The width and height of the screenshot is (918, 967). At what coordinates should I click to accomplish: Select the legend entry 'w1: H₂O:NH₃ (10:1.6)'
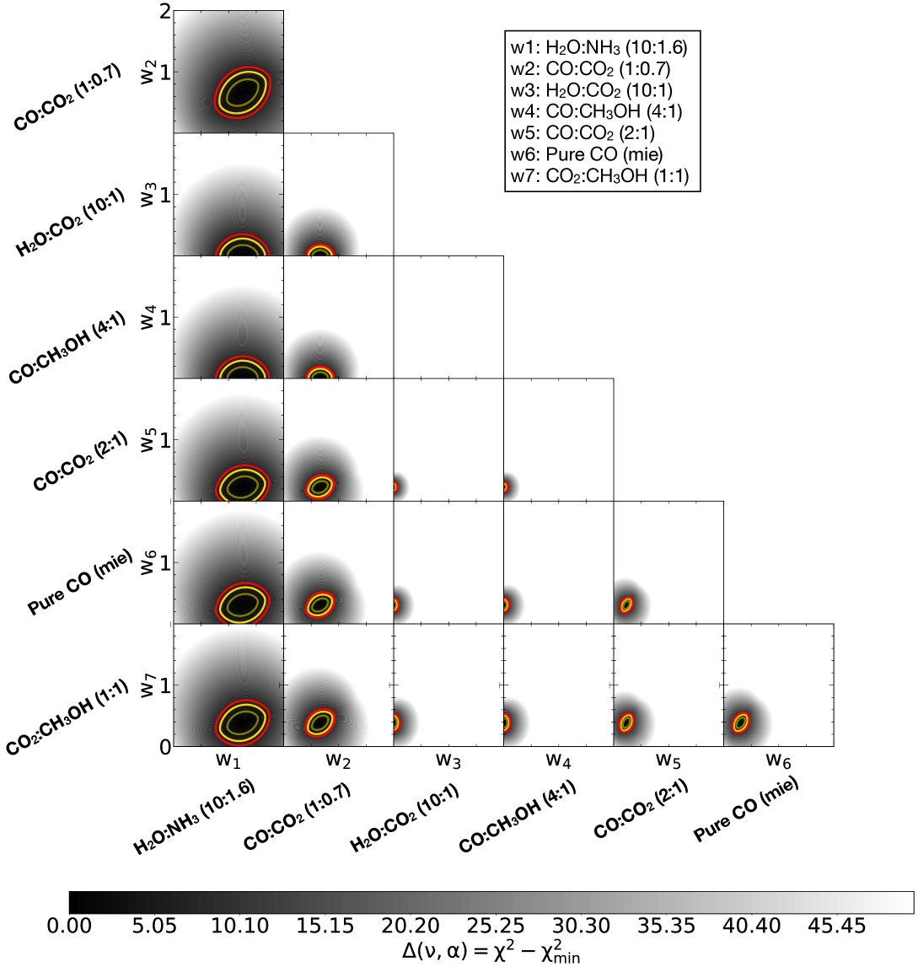(599, 47)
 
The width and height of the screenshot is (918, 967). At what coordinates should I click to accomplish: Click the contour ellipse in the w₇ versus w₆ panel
(740, 723)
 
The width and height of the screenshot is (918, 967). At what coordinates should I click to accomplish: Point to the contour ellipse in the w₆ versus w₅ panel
(626, 604)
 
